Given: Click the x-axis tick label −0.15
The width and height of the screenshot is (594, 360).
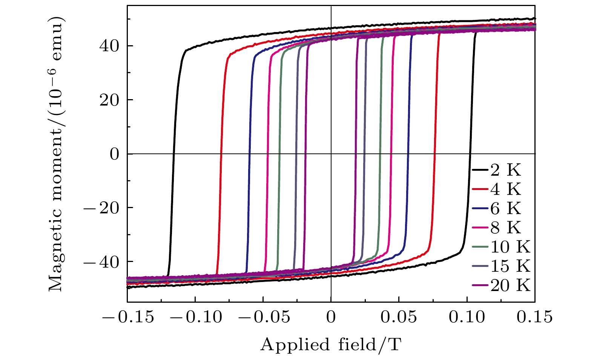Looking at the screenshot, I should coord(127,317).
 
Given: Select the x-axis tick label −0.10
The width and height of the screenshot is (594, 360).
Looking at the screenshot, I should coord(195,317).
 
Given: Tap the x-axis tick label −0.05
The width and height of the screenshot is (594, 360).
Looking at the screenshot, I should coord(263,317).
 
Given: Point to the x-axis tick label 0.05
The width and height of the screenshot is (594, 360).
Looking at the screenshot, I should coord(399,317).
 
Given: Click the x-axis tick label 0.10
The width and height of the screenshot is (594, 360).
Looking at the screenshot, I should coord(467,317).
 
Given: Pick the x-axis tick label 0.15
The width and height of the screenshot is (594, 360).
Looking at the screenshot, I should coord(535,317).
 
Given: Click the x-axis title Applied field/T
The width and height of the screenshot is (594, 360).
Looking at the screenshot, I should coord(330,345).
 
